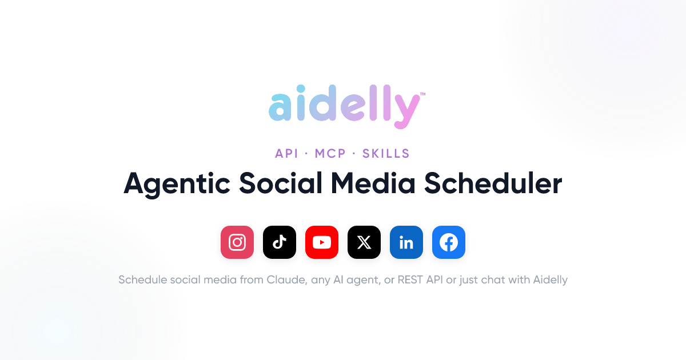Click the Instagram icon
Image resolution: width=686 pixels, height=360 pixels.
point(237,242)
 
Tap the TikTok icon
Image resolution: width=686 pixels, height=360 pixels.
point(280,242)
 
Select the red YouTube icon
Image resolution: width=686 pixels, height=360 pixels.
point(321,242)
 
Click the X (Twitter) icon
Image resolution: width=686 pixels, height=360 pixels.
point(364,242)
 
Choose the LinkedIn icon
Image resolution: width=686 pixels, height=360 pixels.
point(406,242)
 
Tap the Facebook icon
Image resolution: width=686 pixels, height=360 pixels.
point(449,242)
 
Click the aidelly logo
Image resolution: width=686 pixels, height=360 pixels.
point(344,106)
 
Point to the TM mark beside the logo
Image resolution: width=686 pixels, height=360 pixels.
point(422,94)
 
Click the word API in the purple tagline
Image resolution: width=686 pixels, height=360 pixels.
point(286,153)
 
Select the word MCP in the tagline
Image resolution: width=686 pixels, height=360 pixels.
point(330,153)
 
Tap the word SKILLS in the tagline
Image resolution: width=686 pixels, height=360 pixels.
point(386,153)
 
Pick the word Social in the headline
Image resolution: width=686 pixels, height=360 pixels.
point(280,183)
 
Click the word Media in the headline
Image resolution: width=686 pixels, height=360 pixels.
point(373,183)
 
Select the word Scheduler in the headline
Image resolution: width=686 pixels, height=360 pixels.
point(493,183)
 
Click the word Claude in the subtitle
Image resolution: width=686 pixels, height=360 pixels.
point(286,280)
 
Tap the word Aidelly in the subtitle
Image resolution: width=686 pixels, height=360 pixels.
point(551,281)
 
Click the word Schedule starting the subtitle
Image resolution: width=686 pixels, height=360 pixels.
point(143,280)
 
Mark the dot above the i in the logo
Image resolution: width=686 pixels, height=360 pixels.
point(301,89)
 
